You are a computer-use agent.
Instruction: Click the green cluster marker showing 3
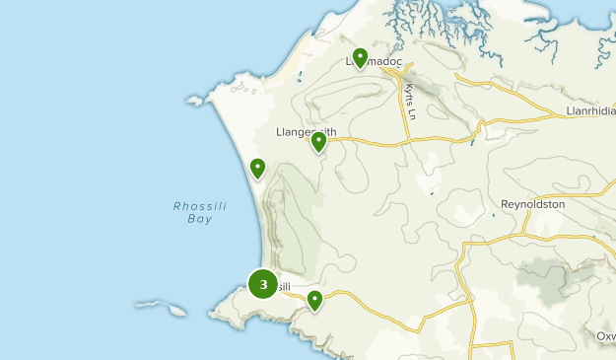point(262,285)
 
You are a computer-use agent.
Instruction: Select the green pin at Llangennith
point(318,143)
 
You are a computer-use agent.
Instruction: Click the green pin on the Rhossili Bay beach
point(257,169)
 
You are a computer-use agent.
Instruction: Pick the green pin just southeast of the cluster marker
point(314,300)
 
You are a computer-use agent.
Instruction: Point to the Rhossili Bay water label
point(193,212)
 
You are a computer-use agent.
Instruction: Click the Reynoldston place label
point(532,203)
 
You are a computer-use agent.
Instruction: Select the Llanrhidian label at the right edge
point(590,110)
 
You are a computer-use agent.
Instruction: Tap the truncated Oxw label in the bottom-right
point(605,336)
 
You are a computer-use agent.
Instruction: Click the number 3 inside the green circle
point(262,285)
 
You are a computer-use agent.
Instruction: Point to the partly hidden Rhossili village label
point(282,287)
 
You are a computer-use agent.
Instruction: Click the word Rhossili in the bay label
point(193,206)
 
